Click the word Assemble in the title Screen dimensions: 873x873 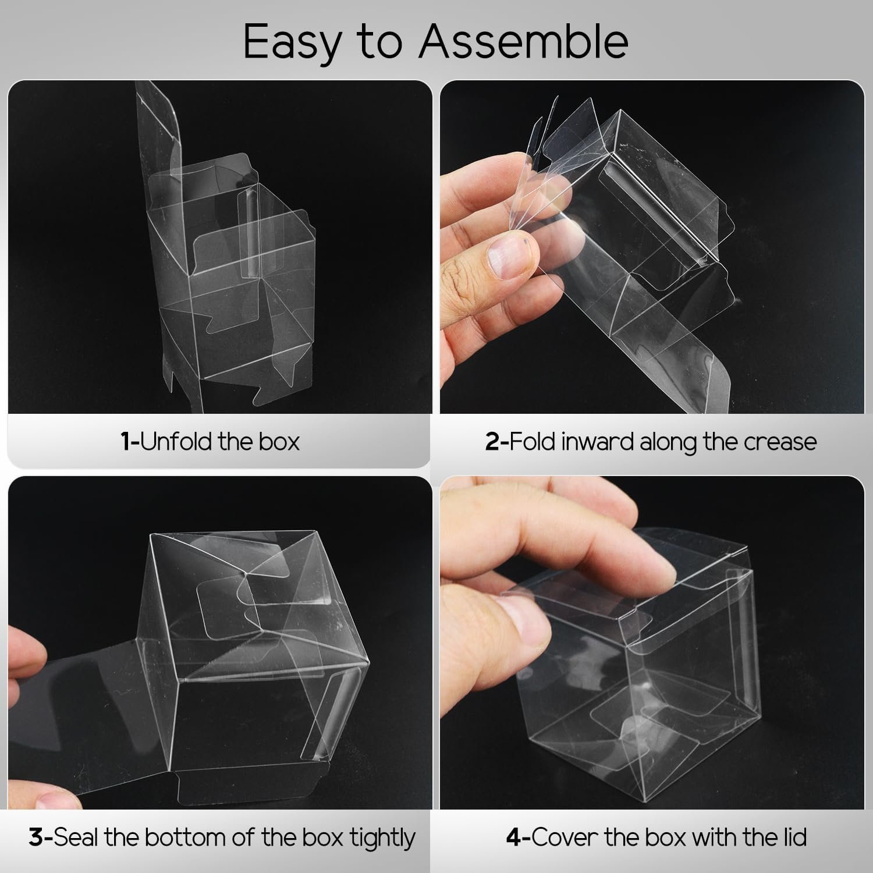coord(523,42)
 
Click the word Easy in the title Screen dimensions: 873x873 coord(292,42)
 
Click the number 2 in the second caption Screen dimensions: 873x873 coord(492,442)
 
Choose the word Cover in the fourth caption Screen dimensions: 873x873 coord(560,838)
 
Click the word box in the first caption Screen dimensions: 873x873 coord(280,442)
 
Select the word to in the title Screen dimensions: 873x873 coord(381,42)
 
